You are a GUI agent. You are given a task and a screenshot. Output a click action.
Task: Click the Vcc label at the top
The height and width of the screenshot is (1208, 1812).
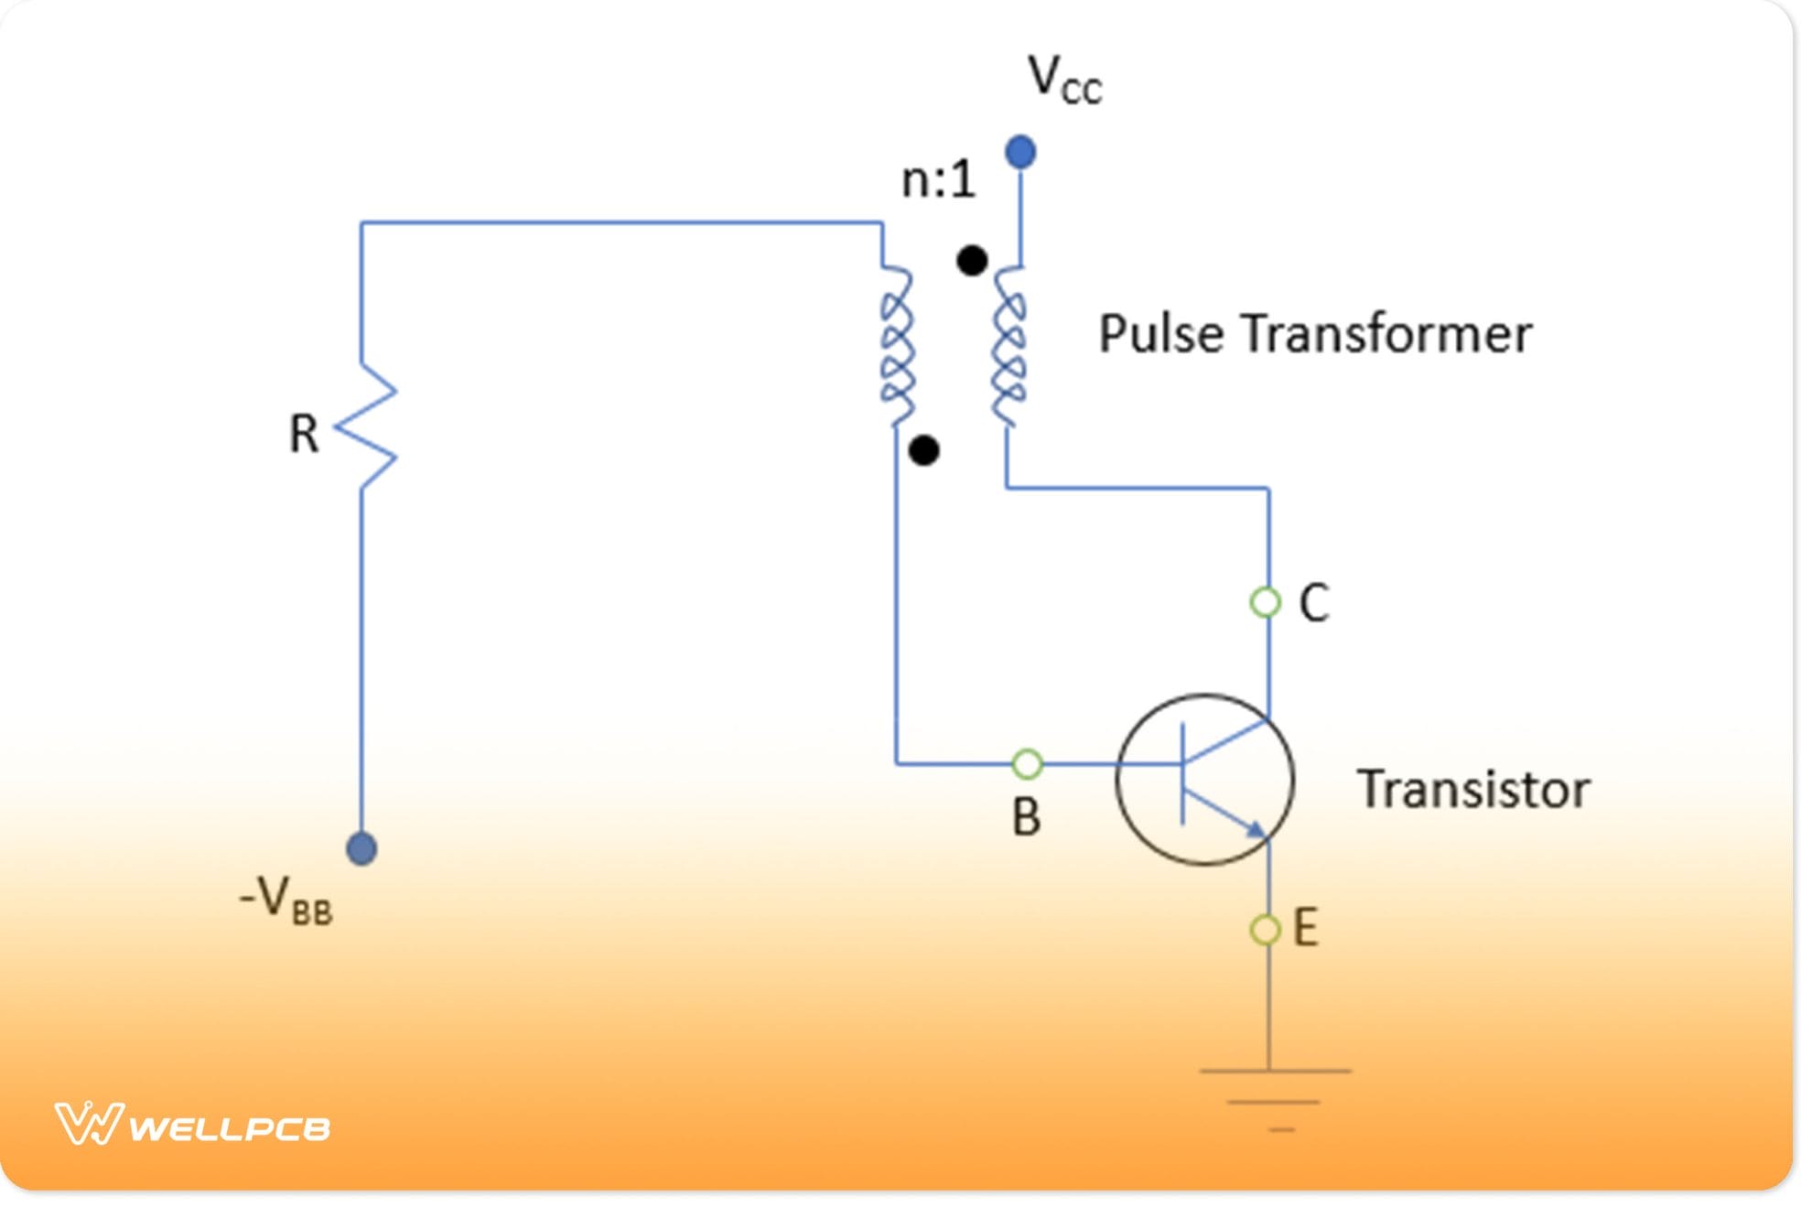pos(1063,80)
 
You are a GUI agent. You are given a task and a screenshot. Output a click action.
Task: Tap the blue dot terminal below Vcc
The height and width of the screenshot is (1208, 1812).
pos(1020,152)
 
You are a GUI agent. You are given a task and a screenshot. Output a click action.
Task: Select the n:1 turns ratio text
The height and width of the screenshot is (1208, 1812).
pos(938,179)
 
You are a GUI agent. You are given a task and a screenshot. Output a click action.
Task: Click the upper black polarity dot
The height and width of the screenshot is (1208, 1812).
pos(971,261)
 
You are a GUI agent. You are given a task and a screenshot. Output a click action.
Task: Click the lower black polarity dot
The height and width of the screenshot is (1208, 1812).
pos(923,450)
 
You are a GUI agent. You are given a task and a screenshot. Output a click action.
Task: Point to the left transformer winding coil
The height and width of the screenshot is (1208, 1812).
pos(897,348)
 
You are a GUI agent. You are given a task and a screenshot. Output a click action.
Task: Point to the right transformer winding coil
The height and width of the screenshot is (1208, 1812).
pos(1008,348)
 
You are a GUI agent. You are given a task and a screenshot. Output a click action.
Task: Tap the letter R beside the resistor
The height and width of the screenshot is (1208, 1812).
pos(304,434)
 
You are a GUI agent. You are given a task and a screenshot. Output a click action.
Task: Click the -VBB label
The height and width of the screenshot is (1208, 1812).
pos(286,901)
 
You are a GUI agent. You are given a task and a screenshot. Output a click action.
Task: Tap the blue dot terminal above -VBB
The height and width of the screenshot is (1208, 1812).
pos(361,849)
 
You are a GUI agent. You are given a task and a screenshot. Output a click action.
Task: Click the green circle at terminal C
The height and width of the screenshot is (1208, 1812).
pos(1265,602)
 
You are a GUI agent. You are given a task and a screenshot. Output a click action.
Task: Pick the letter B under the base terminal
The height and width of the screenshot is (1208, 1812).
pos(1026,817)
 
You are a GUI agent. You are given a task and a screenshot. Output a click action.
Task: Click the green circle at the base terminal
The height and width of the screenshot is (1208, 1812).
pos(1027,763)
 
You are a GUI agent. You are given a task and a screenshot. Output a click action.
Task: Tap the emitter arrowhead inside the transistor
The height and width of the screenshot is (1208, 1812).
pos(1256,829)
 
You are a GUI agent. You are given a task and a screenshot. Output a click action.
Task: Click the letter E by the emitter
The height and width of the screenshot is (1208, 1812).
pos(1306,928)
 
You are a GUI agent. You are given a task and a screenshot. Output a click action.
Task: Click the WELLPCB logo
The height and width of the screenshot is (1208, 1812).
pos(192,1125)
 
